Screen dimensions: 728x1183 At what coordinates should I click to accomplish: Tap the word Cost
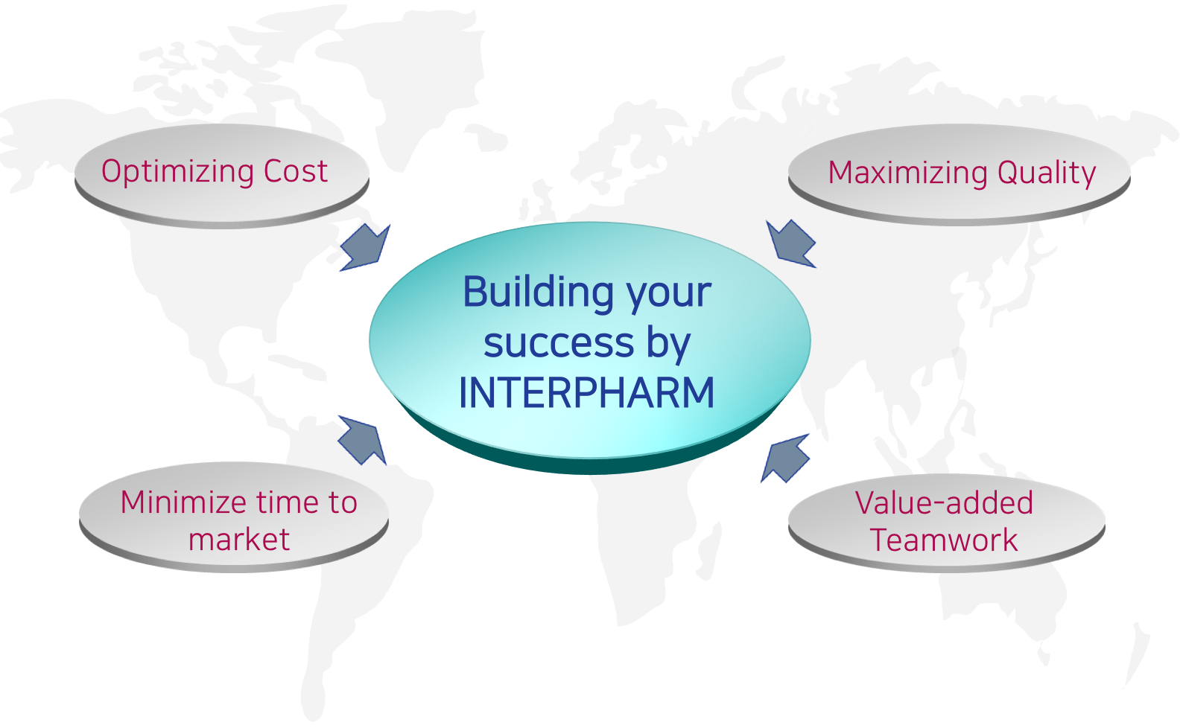tap(295, 171)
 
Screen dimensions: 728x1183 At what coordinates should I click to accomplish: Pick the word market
tap(239, 540)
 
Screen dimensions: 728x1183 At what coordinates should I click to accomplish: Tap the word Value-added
tap(944, 503)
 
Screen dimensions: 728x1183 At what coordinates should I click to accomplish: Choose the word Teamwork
tap(944, 540)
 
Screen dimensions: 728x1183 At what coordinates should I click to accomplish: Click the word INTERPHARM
tap(587, 393)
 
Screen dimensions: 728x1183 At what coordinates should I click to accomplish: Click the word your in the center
tap(669, 293)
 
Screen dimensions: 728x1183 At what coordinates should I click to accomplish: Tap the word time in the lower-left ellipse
tap(282, 502)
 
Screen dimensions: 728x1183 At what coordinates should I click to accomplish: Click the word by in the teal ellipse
tap(668, 344)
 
